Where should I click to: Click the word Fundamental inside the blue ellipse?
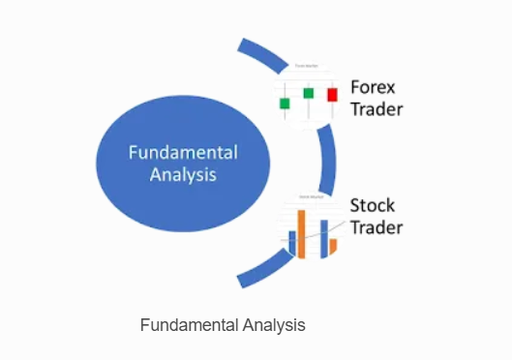(x=183, y=153)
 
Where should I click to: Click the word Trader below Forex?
(x=376, y=108)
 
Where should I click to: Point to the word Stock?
(x=372, y=205)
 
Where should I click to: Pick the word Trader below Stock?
(x=376, y=228)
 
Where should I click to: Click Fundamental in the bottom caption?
(x=186, y=325)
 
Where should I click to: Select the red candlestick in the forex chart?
(x=332, y=95)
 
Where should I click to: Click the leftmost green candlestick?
(x=285, y=102)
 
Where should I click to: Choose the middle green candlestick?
(x=308, y=93)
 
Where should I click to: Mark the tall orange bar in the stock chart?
(x=301, y=234)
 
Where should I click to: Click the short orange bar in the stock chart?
(x=333, y=247)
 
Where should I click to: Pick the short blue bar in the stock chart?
(x=291, y=242)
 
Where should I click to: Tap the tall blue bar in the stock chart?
(x=324, y=238)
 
